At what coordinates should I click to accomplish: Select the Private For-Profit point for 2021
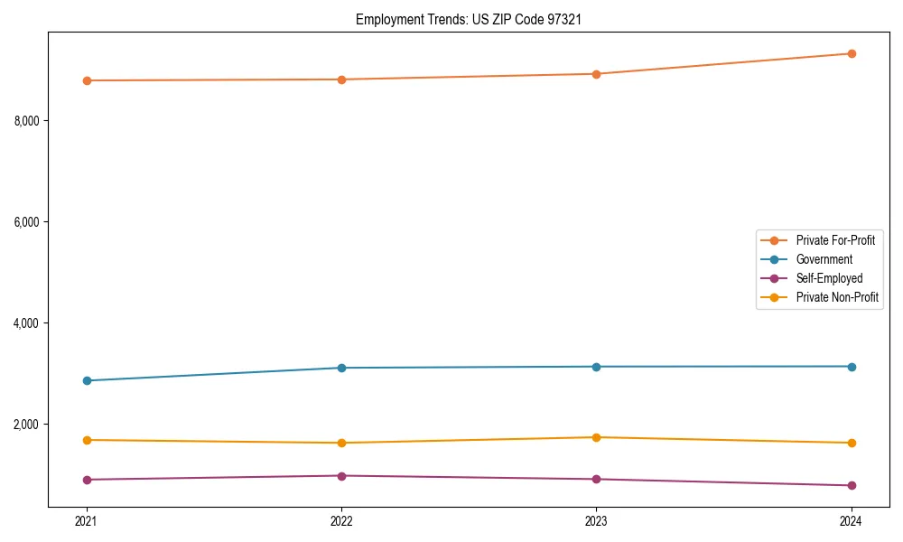tap(87, 80)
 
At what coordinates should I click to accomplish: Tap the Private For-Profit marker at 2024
tap(851, 53)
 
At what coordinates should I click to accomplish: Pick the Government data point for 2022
tap(341, 368)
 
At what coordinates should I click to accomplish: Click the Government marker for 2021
tap(87, 380)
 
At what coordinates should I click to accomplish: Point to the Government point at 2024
tap(851, 366)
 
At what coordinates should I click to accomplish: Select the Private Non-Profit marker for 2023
tap(596, 437)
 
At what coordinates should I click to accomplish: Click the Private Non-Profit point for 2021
tap(87, 440)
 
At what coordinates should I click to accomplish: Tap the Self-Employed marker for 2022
tap(341, 475)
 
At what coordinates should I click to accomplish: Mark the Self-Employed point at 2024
tap(851, 485)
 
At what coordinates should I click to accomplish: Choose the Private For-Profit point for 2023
tap(596, 74)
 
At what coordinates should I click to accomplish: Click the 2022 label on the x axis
tap(341, 520)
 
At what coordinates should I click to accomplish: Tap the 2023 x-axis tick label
tap(596, 520)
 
